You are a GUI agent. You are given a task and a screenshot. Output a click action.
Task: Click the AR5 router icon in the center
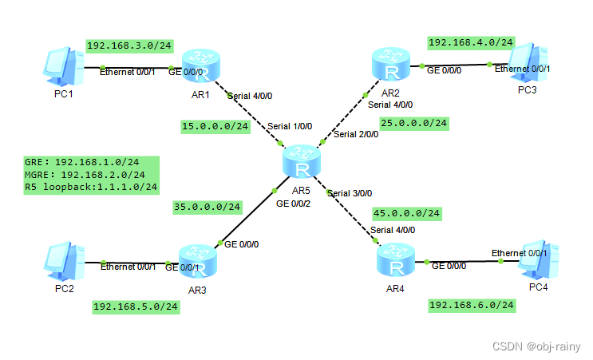pos(301,162)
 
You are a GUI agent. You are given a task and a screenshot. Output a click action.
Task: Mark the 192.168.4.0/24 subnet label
pos(471,42)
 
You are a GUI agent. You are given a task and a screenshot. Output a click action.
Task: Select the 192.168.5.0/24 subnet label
pos(136,307)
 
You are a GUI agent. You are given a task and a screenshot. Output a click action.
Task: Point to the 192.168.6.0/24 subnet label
pos(471,305)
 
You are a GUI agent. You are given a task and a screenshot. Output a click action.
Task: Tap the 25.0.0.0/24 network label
pos(414,123)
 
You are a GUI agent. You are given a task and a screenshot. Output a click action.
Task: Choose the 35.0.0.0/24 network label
pos(208,207)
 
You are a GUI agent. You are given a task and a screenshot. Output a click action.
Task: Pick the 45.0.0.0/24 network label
pos(406,213)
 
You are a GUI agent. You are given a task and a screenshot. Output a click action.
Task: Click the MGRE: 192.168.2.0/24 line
pos(85,174)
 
